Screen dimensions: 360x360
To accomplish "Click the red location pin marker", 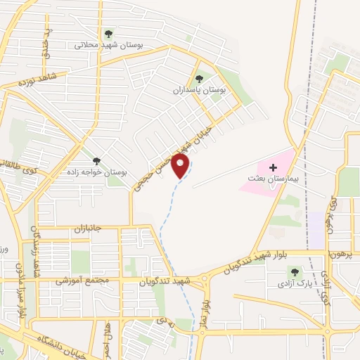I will pos(181,167).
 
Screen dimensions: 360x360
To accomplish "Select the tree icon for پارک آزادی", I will pos(294,271).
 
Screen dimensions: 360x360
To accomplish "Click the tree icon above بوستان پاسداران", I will pos(199,79).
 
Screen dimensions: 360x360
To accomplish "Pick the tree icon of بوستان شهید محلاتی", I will pos(108,33).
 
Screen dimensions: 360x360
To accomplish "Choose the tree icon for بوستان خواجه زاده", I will pos(96,161).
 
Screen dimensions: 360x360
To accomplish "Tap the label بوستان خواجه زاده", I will pos(99,172).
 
